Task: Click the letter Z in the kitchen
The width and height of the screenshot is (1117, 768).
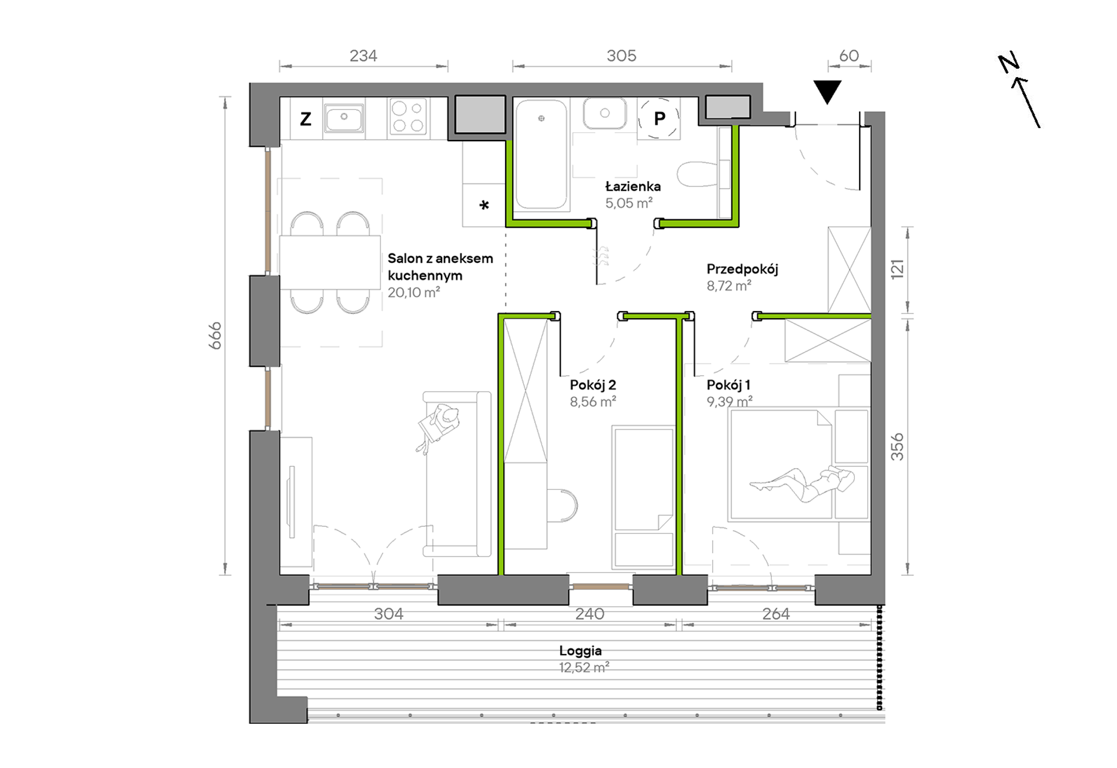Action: pos(306,119)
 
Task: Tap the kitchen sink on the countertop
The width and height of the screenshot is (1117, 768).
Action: pos(344,118)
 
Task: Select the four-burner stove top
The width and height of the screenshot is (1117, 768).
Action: pos(408,116)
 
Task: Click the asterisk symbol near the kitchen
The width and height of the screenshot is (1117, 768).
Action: pos(484,205)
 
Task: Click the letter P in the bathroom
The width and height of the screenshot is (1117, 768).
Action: pos(660,119)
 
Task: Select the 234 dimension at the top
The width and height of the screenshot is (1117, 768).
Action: pos(363,56)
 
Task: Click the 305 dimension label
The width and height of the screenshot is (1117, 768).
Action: pos(621,56)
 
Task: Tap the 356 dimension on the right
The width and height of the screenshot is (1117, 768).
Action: pos(897,447)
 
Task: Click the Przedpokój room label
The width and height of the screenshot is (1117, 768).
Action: pos(742,269)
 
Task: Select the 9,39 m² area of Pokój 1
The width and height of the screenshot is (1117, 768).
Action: pos(730,402)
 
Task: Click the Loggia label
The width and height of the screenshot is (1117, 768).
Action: pos(580,651)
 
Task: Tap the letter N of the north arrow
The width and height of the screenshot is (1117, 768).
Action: pos(1009,63)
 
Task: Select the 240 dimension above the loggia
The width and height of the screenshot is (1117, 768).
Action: pos(590,614)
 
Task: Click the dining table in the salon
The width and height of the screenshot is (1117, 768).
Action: pos(330,262)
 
